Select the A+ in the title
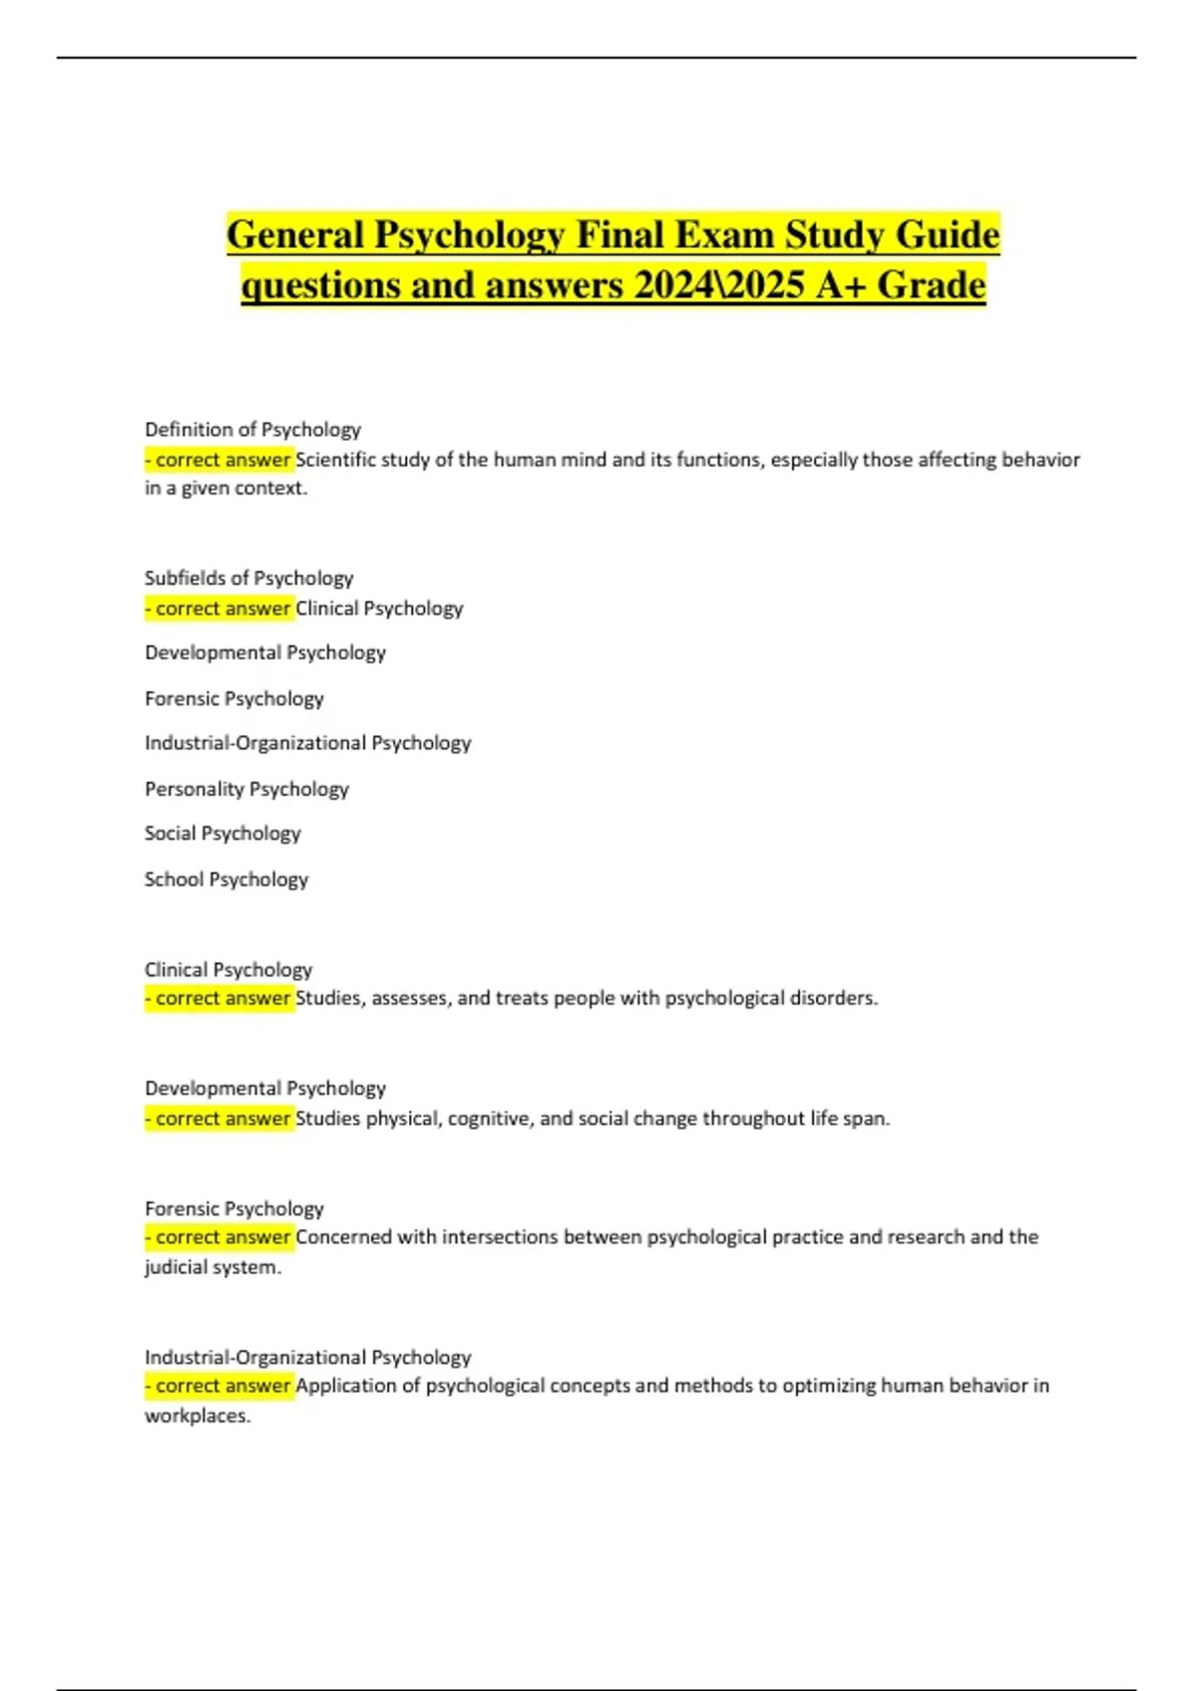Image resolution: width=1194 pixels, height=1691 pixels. (842, 285)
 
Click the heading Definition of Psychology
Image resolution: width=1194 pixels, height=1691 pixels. (253, 430)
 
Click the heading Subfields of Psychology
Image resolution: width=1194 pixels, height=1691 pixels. (249, 578)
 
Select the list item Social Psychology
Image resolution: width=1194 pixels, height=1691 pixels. (222, 834)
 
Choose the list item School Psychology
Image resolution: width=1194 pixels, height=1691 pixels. (226, 879)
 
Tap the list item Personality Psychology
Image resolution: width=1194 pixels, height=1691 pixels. (247, 789)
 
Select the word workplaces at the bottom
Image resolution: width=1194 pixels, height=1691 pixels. (197, 1415)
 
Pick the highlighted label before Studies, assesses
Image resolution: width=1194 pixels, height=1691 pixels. (219, 998)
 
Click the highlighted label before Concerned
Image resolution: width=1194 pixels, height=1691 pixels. (219, 1237)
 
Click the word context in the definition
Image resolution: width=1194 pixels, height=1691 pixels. (270, 488)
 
